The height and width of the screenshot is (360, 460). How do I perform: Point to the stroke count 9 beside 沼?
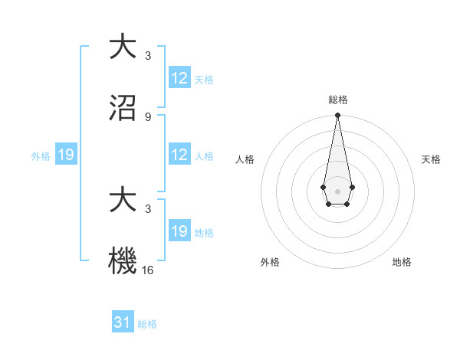[148, 117]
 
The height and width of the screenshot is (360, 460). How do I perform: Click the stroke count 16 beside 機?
[148, 270]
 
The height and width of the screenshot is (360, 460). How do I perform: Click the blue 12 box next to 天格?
[179, 78]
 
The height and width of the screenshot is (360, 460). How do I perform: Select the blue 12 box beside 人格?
[179, 155]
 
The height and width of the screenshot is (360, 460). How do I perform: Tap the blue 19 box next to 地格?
[179, 231]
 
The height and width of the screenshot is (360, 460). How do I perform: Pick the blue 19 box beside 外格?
[66, 155]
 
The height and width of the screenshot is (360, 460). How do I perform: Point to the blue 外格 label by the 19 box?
[41, 156]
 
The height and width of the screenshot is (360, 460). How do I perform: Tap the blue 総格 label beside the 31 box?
[147, 324]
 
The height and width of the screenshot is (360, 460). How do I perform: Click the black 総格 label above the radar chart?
[338, 100]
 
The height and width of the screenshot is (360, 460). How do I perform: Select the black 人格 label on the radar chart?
[245, 159]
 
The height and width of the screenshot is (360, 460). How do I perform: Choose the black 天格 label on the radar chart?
[431, 159]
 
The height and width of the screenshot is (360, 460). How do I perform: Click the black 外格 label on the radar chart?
[270, 262]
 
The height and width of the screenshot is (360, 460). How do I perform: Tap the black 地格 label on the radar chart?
[402, 262]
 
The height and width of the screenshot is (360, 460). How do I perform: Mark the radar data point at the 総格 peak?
[337, 116]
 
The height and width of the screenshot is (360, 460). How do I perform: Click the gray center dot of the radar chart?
[337, 190]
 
